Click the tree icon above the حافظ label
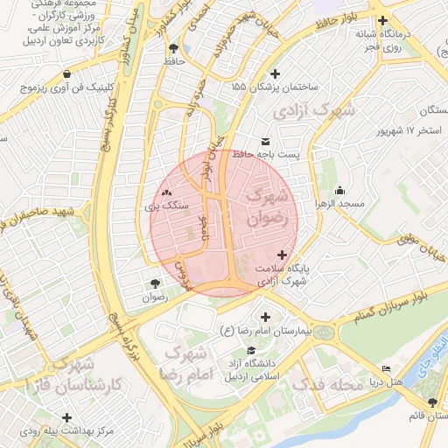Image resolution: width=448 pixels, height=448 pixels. (172, 47)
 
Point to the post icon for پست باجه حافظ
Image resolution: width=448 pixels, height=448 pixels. (265, 141)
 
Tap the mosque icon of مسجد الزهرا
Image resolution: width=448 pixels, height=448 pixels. (340, 191)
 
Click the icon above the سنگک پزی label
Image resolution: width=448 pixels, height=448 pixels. (166, 192)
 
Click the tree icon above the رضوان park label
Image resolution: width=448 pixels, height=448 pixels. (155, 283)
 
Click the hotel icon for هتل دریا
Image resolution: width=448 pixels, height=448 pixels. (384, 370)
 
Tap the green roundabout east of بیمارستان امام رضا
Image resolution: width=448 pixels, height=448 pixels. (324, 332)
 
